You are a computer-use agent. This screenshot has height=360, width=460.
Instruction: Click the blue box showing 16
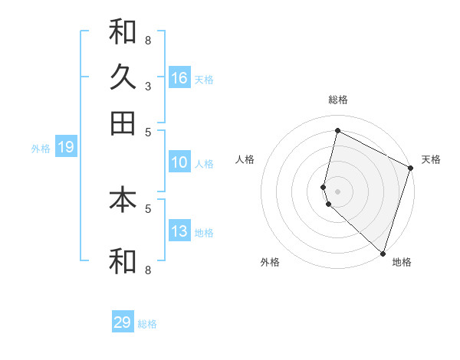(179, 78)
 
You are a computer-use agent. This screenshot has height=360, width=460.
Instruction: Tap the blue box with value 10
(179, 162)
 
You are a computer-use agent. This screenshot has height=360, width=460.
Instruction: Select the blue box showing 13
(179, 232)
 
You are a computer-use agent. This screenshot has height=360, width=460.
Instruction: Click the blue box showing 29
(123, 322)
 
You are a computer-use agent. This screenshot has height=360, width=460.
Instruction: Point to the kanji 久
(123, 77)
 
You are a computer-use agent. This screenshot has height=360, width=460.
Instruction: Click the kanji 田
(123, 123)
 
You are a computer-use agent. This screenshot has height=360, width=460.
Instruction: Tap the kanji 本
(123, 200)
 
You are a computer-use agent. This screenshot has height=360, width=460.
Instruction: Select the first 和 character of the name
(123, 32)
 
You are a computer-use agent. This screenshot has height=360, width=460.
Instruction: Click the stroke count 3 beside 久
(148, 86)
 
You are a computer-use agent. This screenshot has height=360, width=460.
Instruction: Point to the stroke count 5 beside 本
(148, 208)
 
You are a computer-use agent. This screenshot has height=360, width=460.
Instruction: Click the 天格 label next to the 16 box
(204, 80)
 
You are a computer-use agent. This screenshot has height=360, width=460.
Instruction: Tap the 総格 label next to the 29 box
(147, 324)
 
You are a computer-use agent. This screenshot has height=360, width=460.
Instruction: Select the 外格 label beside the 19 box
(41, 149)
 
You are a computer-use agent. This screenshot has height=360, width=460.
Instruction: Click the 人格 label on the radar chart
(245, 159)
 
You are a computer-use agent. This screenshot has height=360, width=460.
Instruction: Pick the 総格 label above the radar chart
(337, 100)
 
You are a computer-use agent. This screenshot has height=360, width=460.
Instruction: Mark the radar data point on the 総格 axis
(337, 131)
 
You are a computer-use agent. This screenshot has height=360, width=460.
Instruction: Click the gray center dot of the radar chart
(337, 190)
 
